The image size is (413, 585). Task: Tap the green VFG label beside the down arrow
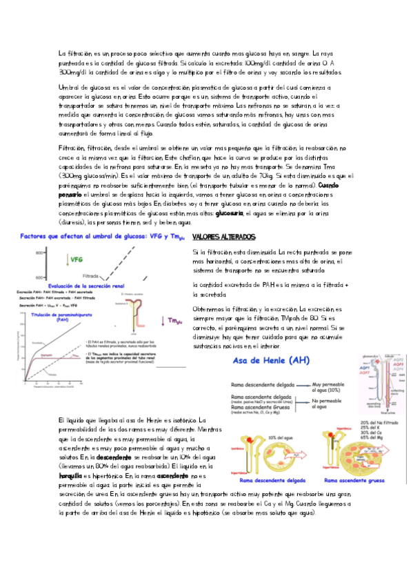(x=77, y=259)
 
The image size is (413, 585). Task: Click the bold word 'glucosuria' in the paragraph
(x=230, y=213)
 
